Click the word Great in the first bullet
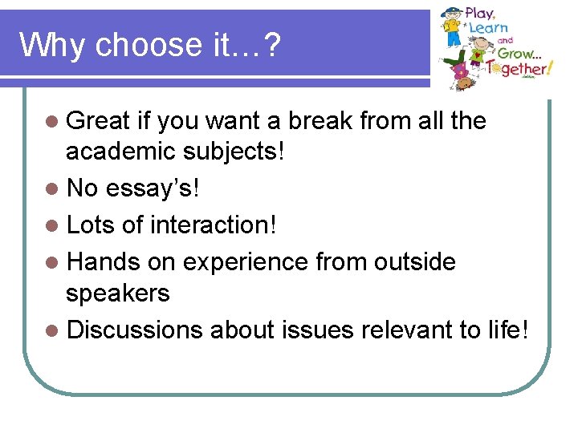pyautogui.click(x=98, y=121)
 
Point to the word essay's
pyautogui.click(x=153, y=188)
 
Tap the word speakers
pyautogui.click(x=118, y=293)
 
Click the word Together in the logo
pyautogui.click(x=523, y=70)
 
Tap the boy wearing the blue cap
pyautogui.click(x=453, y=29)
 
